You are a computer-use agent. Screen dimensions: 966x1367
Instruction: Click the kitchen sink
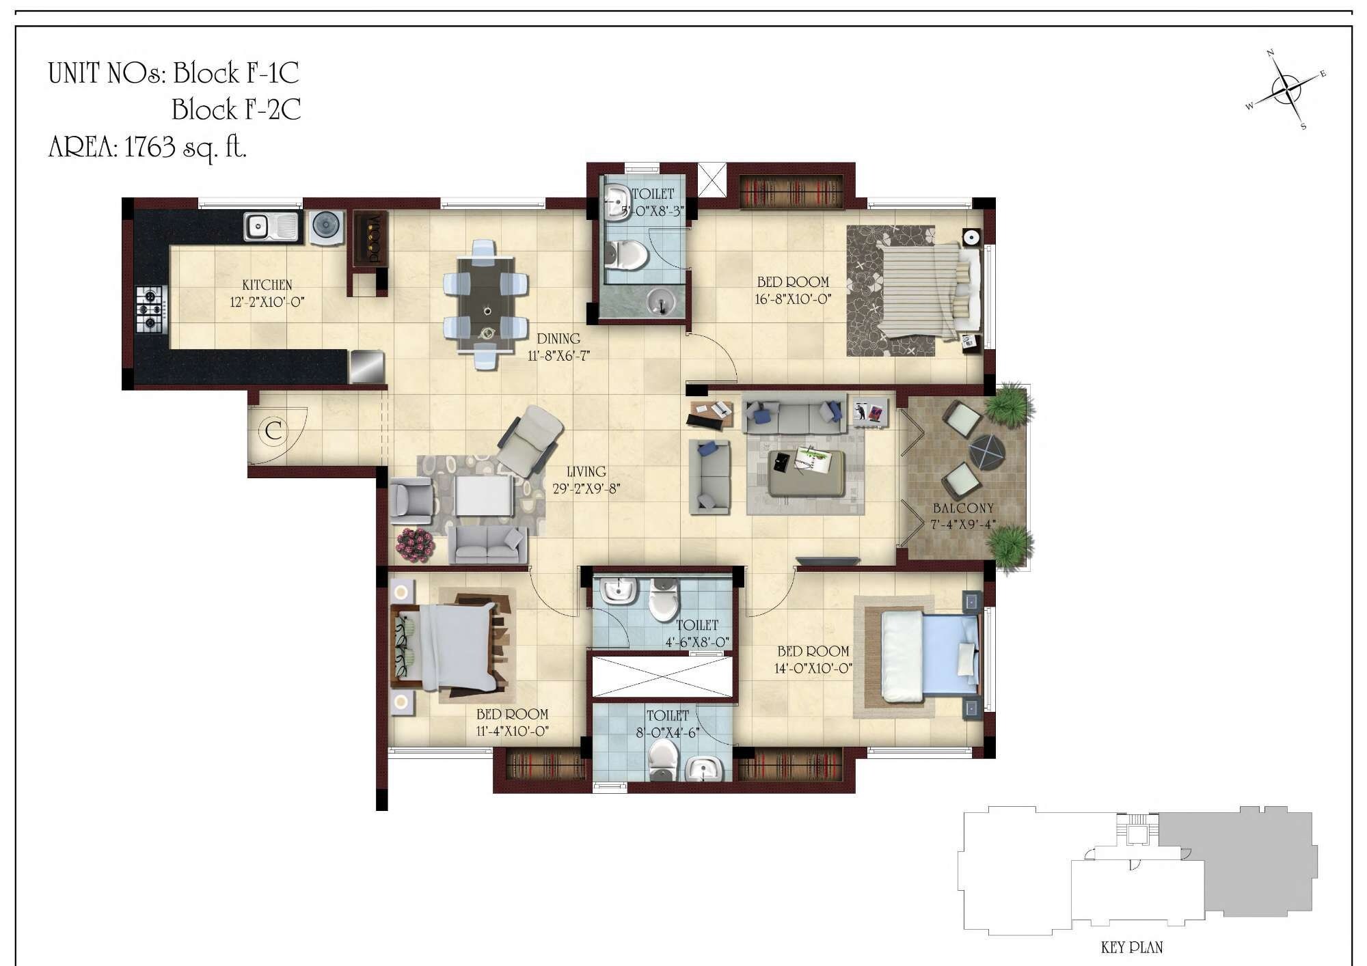coord(271,227)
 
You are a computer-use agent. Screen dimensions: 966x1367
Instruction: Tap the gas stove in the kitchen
coord(151,309)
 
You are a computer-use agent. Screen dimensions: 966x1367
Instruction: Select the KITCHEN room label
coord(267,284)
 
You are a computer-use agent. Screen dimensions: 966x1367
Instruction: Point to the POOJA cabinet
coord(370,239)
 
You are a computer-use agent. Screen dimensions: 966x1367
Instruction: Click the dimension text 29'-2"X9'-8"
coord(586,488)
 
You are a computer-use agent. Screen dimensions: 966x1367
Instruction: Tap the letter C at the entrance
coord(273,431)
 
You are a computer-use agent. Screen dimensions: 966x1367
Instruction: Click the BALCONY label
coord(962,508)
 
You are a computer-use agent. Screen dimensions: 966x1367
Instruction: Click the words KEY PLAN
coord(1131,948)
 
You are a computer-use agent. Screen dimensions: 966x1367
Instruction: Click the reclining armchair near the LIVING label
coord(528,441)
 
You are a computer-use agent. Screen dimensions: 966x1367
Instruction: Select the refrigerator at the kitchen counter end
coord(367,366)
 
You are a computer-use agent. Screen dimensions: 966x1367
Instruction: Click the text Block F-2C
coord(236,109)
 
